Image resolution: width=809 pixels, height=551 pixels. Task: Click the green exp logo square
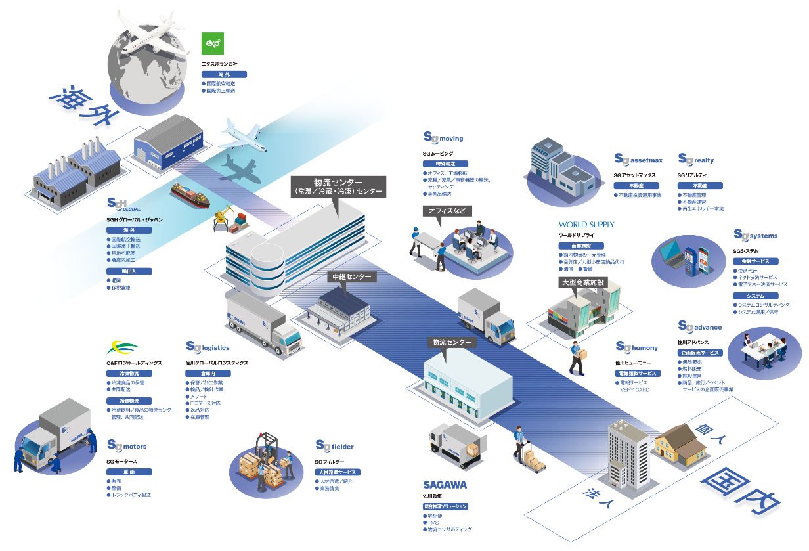point(212,44)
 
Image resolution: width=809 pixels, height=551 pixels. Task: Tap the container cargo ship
point(191,192)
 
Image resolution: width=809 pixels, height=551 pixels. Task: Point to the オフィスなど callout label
point(447,212)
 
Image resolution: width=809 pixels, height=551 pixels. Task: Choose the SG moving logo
point(443,138)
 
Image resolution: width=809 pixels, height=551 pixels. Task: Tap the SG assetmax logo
point(638,160)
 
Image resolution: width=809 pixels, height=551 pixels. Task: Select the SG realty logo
point(695,160)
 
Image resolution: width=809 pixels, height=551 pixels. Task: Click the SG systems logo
point(755,235)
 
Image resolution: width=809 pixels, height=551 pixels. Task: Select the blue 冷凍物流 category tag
point(129,373)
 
